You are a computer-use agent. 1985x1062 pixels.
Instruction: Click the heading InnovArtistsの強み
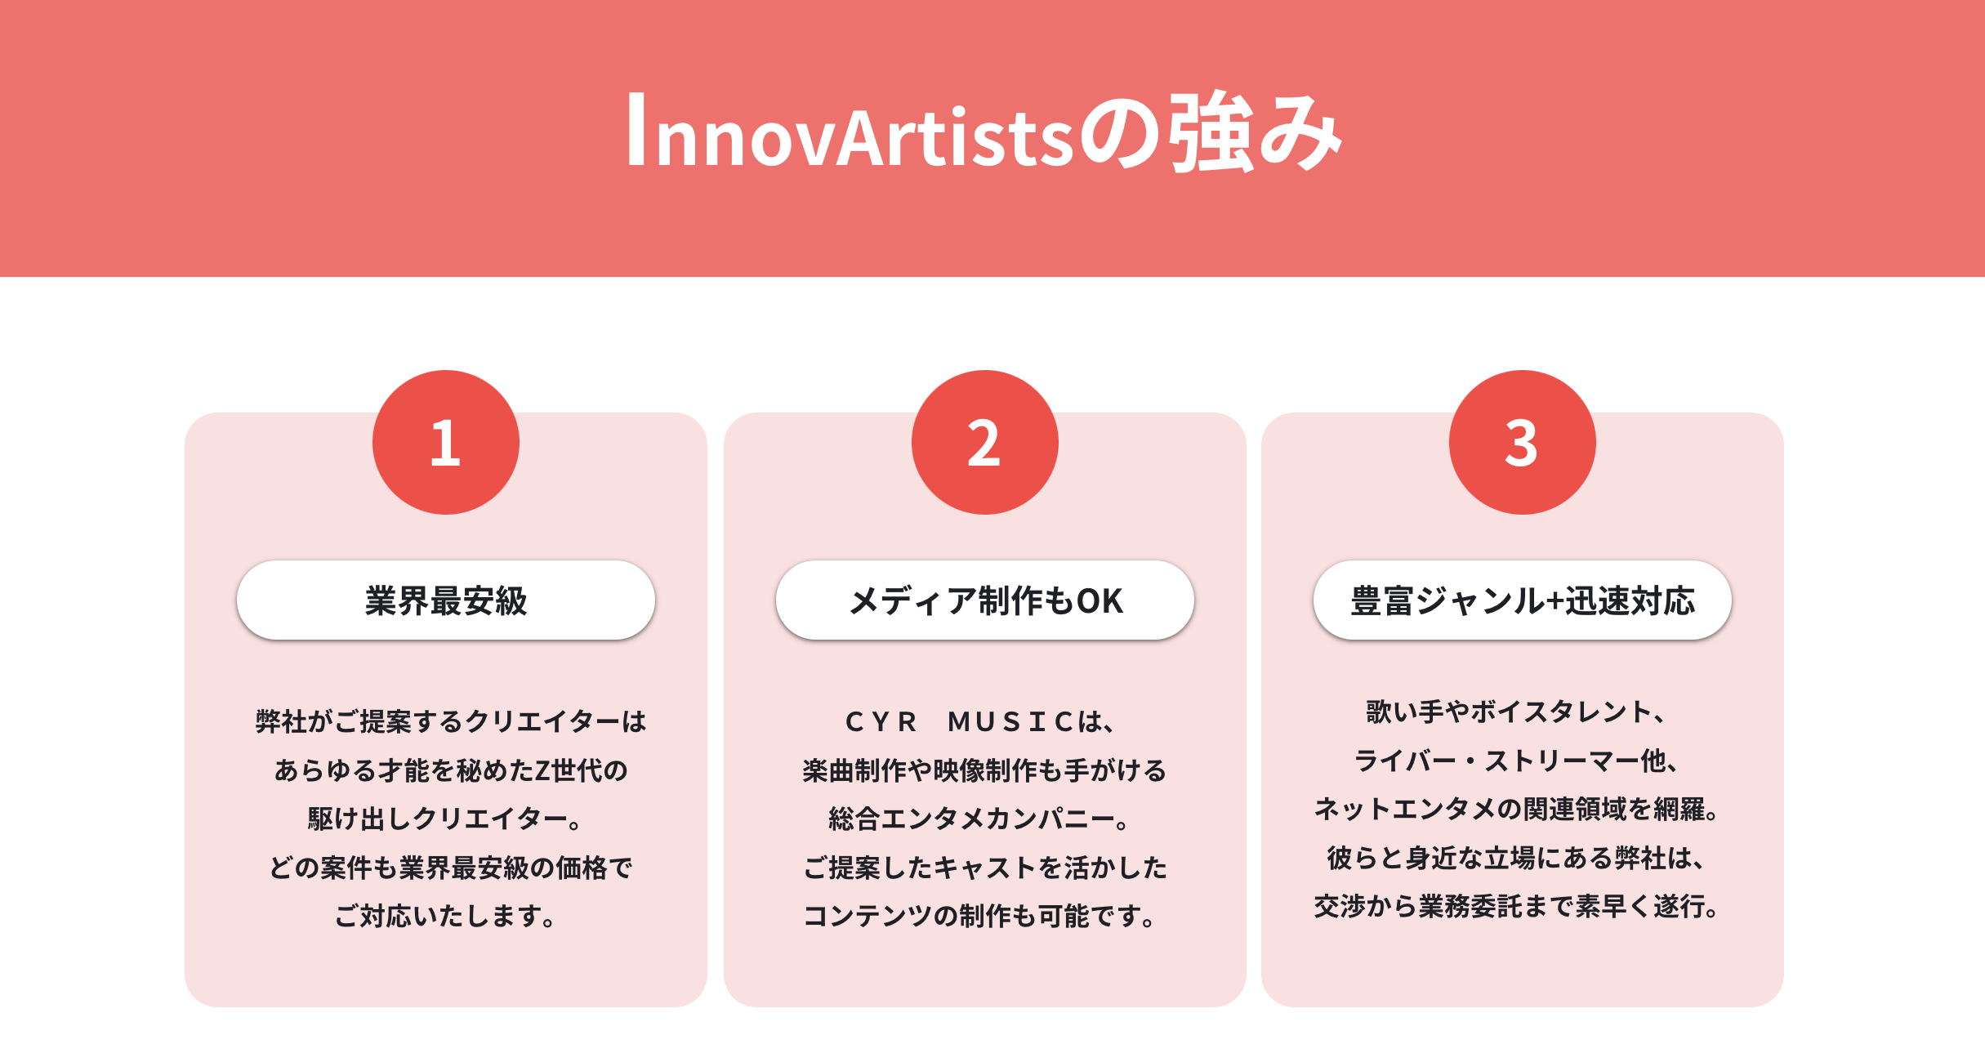984,132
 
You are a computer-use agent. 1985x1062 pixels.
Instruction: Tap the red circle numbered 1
446,442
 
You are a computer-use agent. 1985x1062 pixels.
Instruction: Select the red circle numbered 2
985,442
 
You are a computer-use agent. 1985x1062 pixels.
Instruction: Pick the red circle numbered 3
1523,442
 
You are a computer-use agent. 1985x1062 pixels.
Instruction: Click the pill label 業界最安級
446,600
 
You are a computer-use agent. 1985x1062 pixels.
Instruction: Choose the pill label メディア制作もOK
985,600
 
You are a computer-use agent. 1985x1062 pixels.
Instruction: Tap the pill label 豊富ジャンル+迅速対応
1523,600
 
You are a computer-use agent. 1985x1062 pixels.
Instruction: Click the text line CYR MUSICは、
980,722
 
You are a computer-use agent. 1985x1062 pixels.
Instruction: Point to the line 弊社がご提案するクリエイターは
451,722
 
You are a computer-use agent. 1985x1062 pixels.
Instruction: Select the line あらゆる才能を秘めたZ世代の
451,770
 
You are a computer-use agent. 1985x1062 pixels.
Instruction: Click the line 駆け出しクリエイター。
446,819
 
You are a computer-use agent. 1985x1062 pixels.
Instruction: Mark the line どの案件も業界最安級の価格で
451,868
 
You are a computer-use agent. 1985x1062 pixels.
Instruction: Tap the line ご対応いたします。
446,916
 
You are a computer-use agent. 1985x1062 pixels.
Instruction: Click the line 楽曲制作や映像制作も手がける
984,770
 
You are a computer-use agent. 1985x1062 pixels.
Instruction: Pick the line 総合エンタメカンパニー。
980,819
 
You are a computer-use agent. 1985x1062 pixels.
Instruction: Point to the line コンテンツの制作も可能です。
980,916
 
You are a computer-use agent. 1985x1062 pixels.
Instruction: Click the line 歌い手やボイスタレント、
1516,712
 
